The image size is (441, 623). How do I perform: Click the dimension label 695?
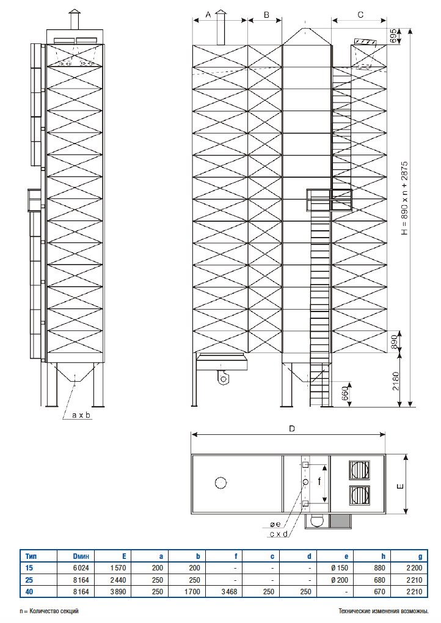pyautogui.click(x=393, y=36)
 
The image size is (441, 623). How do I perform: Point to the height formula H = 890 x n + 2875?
pyautogui.click(x=404, y=198)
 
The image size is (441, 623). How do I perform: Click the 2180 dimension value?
pyautogui.click(x=396, y=381)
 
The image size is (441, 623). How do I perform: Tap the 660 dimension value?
pyautogui.click(x=345, y=393)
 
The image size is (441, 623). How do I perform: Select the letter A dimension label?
pyautogui.click(x=208, y=15)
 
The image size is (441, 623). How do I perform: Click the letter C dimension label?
pyautogui.click(x=360, y=15)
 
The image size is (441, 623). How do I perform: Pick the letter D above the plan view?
pyautogui.click(x=292, y=429)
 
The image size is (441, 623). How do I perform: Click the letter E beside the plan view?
pyautogui.click(x=401, y=486)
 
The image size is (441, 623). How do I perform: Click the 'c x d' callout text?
pyautogui.click(x=279, y=534)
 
